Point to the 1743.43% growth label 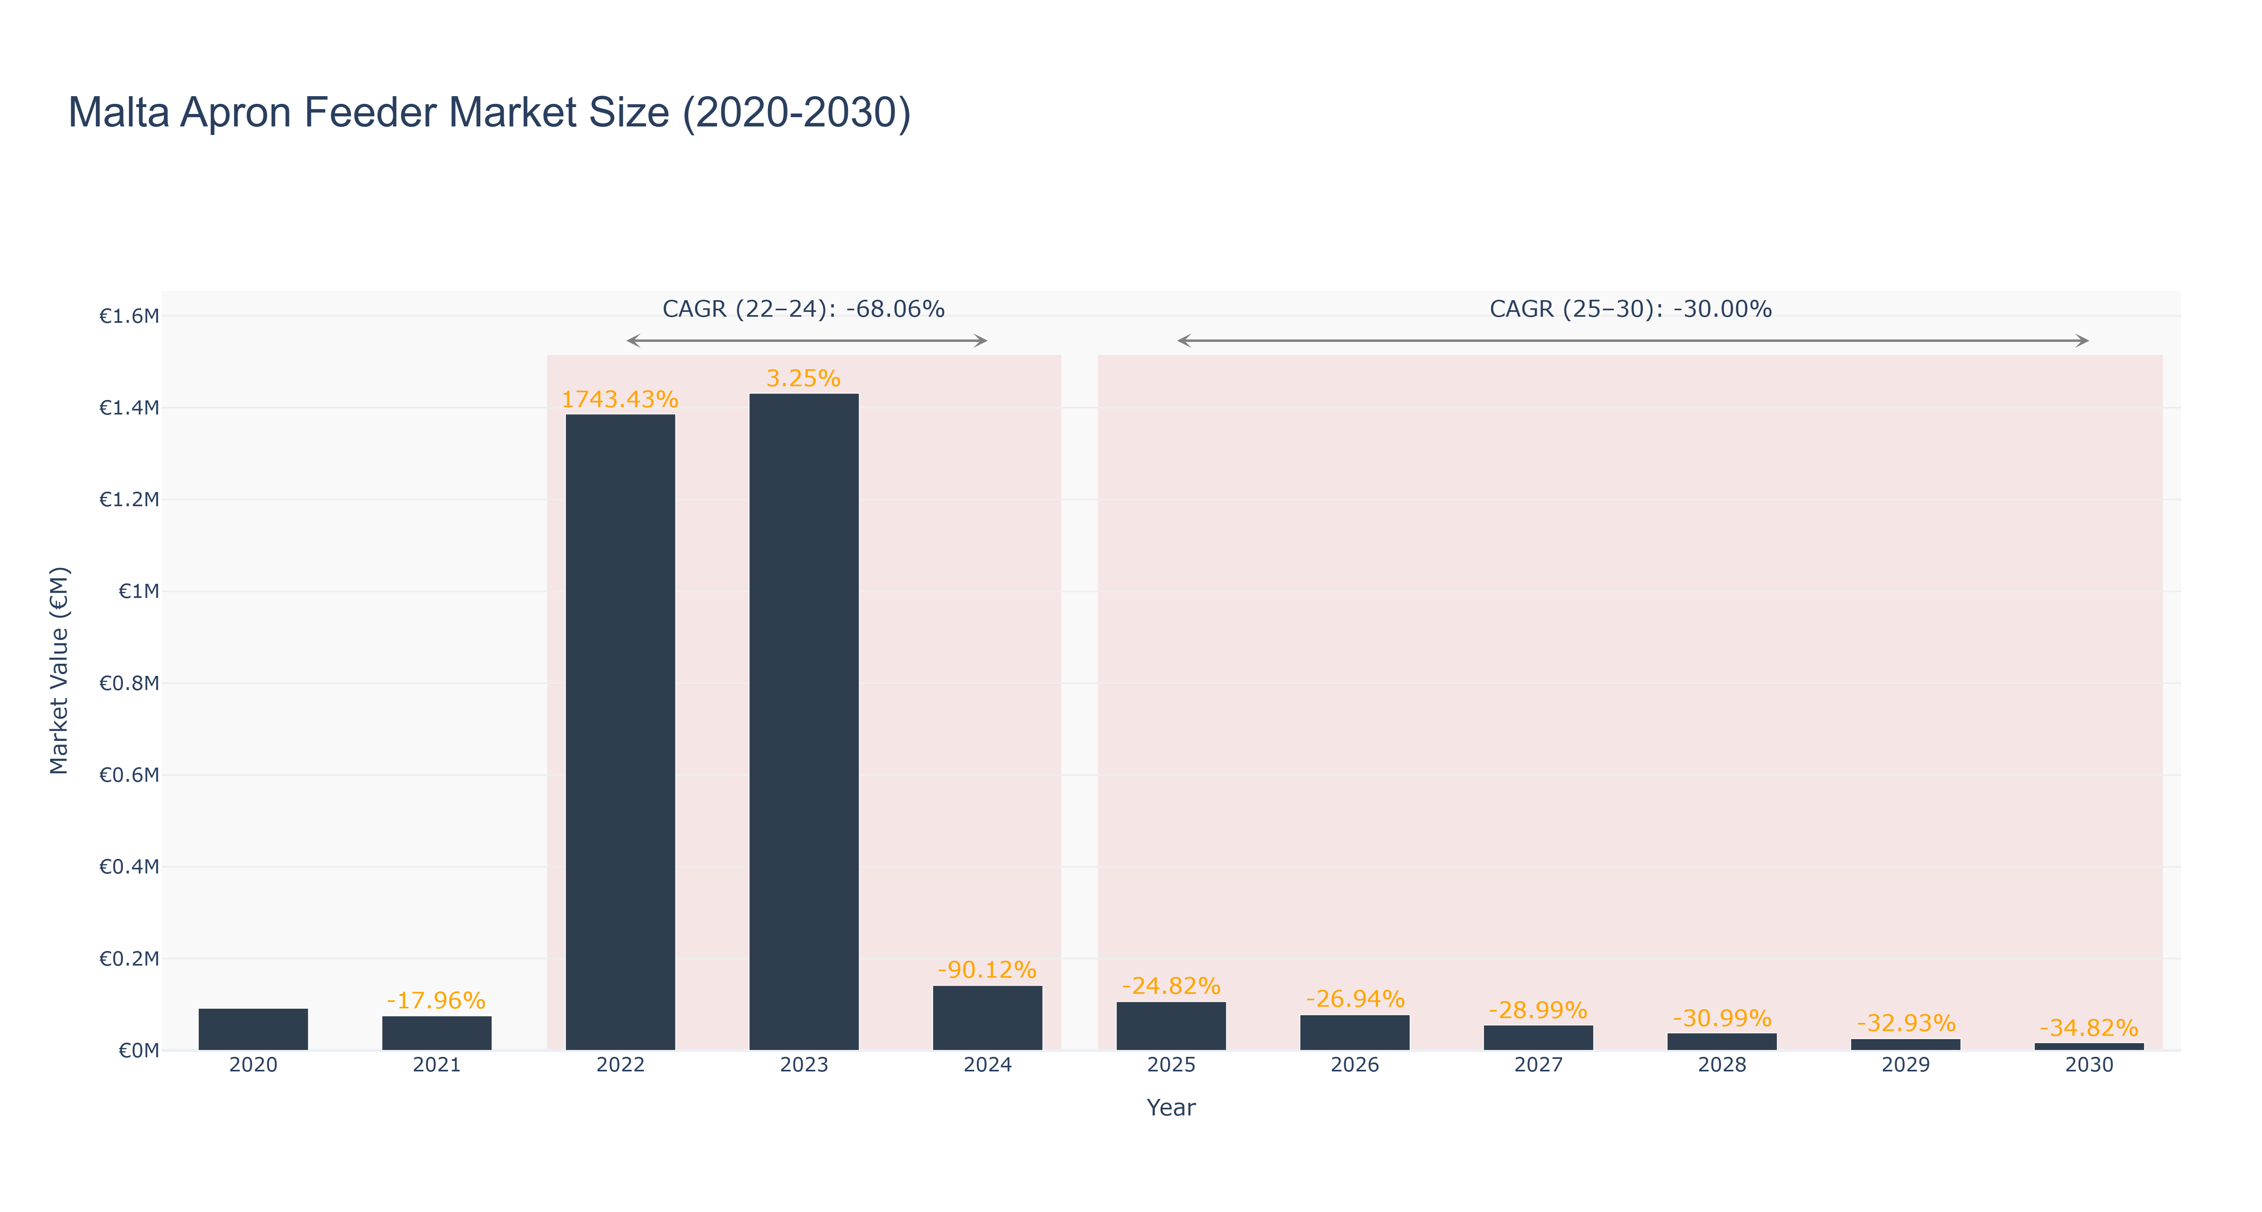[620, 400]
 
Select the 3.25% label [803, 379]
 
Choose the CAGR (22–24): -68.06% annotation [803, 309]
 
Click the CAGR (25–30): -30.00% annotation [1631, 309]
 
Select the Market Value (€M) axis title [59, 670]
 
